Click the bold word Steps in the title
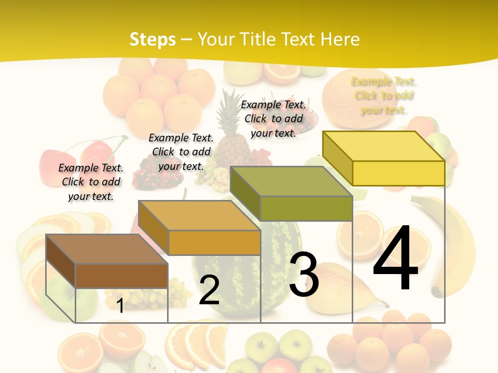tap(153, 39)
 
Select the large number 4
tap(395, 259)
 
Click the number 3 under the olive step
tap(304, 275)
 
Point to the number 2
tap(209, 290)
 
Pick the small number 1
tap(120, 306)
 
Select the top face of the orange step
tap(199, 216)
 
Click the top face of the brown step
tap(107, 249)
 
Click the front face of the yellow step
tap(398, 173)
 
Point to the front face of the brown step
tap(121, 276)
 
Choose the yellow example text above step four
tap(384, 96)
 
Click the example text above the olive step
tap(273, 119)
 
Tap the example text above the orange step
tap(181, 152)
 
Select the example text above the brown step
tap(91, 182)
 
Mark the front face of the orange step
tap(214, 242)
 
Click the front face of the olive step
tap(306, 208)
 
